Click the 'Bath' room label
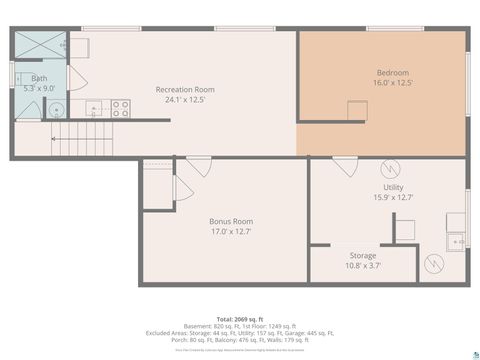[x=39, y=78]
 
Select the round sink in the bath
[x=55, y=110]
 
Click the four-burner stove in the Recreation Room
[x=121, y=108]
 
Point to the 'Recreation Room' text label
[x=185, y=90]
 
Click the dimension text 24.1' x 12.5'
[x=185, y=99]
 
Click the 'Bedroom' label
[x=393, y=73]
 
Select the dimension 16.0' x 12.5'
[x=393, y=82]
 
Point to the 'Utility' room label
[x=393, y=187]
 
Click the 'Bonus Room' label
[x=230, y=221]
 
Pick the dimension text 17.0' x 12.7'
[x=230, y=231]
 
